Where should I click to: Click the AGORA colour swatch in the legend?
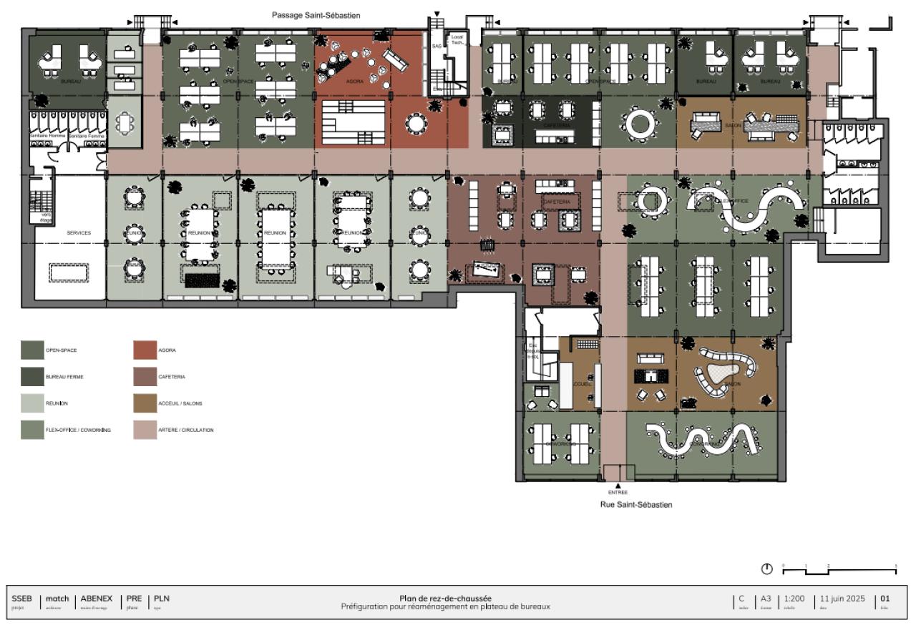click(x=145, y=350)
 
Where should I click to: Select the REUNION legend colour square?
click(x=32, y=403)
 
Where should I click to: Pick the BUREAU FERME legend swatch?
click(x=32, y=377)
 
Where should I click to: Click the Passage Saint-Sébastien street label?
click(x=316, y=14)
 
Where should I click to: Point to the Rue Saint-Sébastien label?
click(x=636, y=504)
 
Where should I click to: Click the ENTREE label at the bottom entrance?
click(x=618, y=492)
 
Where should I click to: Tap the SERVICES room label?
click(x=79, y=233)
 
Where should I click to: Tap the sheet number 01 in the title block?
click(x=885, y=599)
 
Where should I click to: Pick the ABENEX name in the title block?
click(x=96, y=599)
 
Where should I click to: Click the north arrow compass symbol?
click(x=767, y=569)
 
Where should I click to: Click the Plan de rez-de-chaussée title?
click(x=445, y=599)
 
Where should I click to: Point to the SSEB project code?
click(x=22, y=599)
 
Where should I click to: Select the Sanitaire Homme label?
click(x=47, y=134)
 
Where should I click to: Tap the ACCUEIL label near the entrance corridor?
click(x=582, y=383)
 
